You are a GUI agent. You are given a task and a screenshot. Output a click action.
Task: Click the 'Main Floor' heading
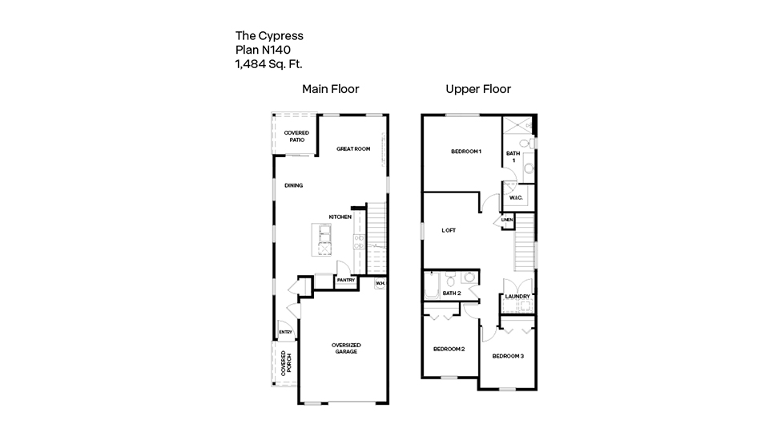click(331, 89)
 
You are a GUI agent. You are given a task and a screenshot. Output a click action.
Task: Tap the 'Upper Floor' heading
click(478, 89)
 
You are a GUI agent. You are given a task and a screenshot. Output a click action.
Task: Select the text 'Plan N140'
click(263, 50)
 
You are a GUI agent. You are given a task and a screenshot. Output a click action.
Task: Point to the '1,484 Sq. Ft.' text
click(269, 64)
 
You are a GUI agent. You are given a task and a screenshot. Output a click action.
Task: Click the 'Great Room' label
click(353, 149)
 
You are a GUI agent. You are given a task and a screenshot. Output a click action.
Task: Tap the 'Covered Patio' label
click(296, 136)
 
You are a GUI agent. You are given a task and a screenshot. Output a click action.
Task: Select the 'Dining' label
click(294, 185)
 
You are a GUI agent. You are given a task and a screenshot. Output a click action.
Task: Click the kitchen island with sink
click(322, 240)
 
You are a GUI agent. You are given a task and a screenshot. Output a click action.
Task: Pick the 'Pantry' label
click(346, 281)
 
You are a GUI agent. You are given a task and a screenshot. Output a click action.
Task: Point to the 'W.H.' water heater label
click(380, 283)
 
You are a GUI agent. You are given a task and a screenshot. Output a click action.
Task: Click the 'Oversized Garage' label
click(346, 348)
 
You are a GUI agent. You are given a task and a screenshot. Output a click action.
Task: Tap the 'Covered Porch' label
click(287, 363)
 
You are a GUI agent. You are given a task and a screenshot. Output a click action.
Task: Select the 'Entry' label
click(285, 332)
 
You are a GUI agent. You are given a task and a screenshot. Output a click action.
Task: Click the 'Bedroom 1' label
click(466, 152)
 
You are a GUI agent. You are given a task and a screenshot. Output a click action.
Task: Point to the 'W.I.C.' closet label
click(516, 198)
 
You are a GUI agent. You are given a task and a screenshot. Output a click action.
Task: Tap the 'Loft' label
click(449, 230)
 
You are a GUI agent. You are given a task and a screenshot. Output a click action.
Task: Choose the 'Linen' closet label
click(507, 220)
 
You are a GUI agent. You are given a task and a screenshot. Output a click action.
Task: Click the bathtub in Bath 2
click(432, 285)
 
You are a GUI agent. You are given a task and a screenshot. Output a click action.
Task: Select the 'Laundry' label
click(517, 297)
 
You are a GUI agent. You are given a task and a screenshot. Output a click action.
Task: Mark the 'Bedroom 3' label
click(508, 356)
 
